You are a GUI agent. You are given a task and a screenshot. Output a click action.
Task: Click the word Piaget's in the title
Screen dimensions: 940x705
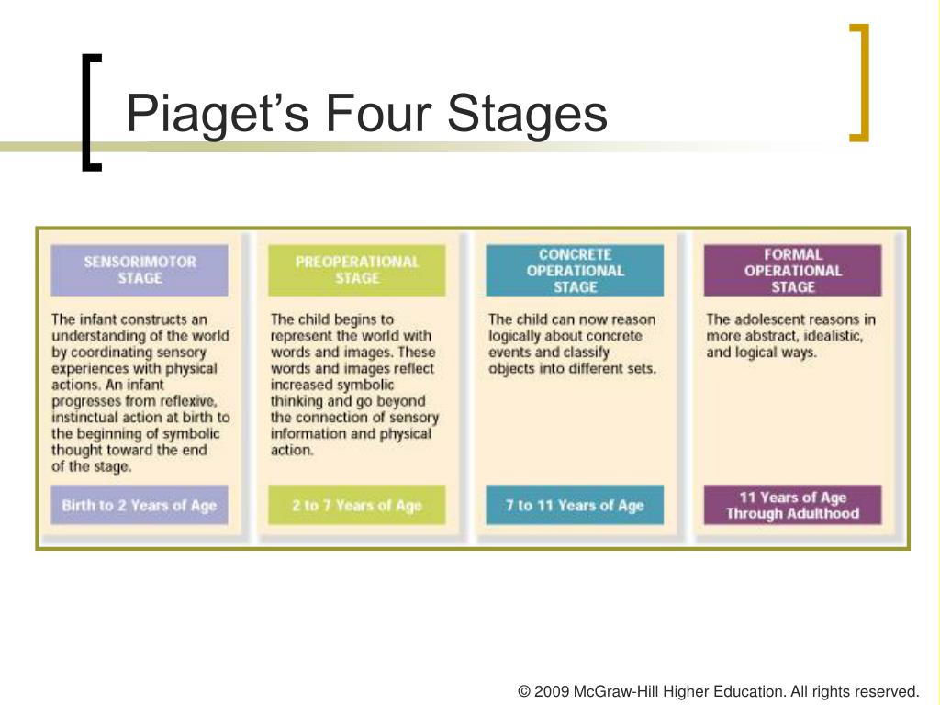[x=217, y=115]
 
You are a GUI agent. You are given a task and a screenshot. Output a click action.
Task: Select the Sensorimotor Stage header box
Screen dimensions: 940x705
[x=140, y=270]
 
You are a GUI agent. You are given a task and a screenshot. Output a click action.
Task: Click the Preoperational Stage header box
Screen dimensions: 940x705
[x=357, y=270]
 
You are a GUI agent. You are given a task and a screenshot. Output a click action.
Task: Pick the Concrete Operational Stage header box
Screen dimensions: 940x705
[x=575, y=270]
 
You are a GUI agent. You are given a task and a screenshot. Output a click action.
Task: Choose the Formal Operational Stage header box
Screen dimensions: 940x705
[x=792, y=270]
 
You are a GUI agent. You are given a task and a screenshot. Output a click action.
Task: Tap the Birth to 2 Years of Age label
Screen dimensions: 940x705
[x=140, y=505]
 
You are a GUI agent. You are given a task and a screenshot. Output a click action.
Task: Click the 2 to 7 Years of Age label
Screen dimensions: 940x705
[x=357, y=505]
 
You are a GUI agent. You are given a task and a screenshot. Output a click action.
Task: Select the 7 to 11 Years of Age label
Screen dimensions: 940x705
[x=575, y=505]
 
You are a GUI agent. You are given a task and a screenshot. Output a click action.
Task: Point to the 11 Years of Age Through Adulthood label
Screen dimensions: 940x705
[x=792, y=505]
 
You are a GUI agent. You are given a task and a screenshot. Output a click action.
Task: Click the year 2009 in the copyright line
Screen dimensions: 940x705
[x=552, y=691]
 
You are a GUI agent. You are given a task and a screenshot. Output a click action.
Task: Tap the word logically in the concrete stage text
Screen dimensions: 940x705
[x=518, y=336]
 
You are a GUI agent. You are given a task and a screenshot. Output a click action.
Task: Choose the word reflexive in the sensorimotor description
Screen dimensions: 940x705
[x=188, y=401]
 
